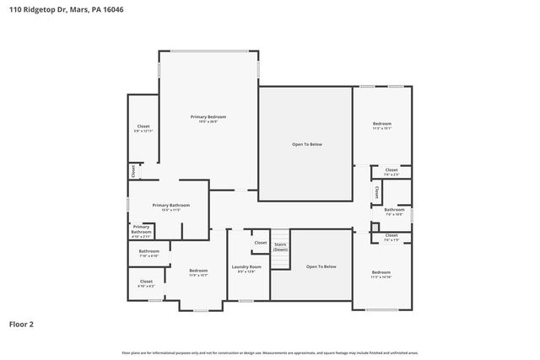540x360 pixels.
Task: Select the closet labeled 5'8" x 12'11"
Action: [143, 128]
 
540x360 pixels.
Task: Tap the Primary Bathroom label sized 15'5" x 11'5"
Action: [170, 207]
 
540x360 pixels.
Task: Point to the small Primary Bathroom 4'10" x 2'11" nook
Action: [141, 229]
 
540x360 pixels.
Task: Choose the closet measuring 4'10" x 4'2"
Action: [145, 283]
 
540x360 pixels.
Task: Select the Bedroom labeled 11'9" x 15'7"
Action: [198, 272]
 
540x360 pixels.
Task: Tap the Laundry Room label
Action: [247, 269]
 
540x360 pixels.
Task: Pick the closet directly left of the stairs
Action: [260, 243]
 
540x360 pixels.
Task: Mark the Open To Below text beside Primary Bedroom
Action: [306, 144]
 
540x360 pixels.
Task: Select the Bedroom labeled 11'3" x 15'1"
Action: [382, 126]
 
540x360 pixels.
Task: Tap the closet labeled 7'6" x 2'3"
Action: [391, 172]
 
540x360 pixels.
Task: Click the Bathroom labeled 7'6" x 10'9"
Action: [394, 211]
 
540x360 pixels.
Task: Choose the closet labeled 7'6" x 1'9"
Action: [391, 238]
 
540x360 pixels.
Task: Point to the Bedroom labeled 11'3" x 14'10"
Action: [381, 274]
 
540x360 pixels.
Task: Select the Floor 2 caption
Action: [22, 323]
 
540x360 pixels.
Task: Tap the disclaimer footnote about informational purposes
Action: [269, 352]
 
